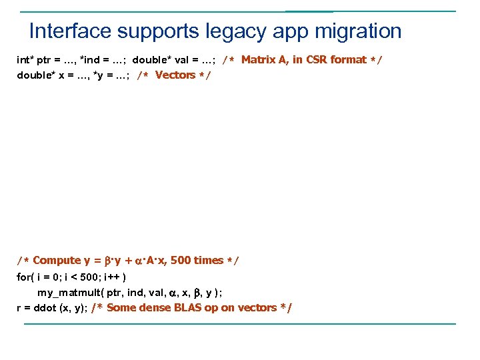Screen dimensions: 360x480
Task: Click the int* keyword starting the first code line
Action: click(25, 60)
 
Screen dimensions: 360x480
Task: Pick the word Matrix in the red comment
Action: click(257, 60)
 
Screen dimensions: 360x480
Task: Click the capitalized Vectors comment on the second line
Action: click(175, 75)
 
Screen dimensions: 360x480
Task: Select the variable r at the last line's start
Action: click(19, 308)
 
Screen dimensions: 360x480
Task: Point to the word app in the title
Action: click(292, 31)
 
